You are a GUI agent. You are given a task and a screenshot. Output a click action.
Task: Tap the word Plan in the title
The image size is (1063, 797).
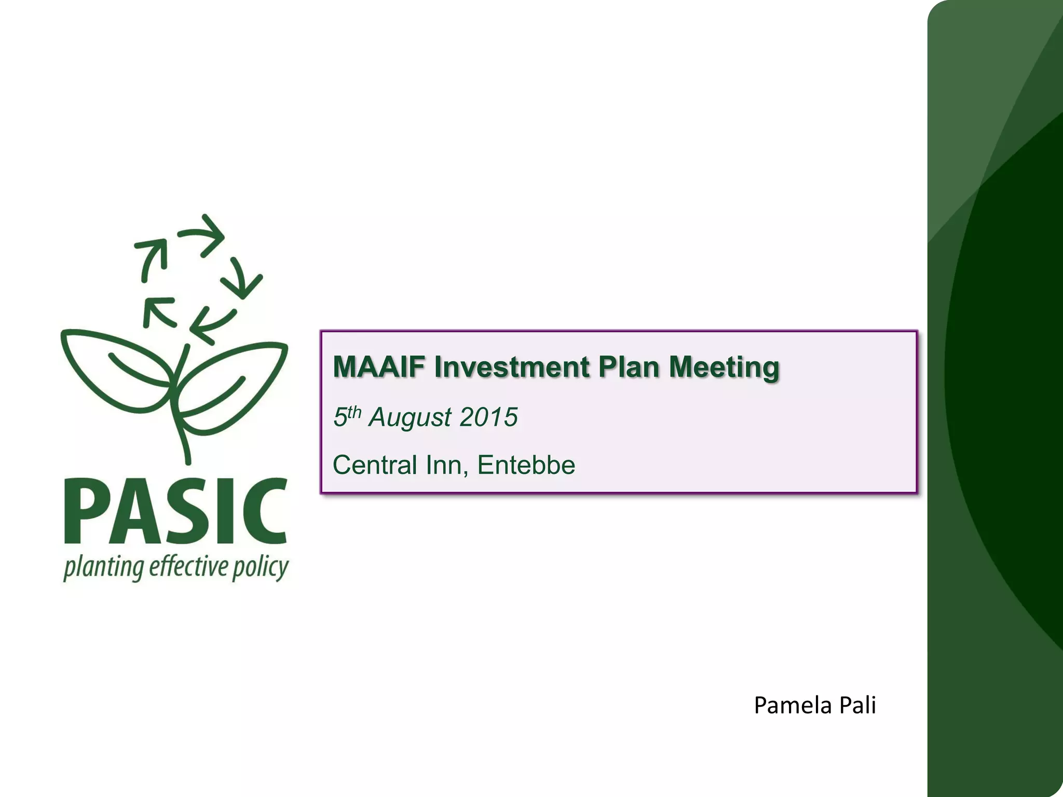[x=628, y=367]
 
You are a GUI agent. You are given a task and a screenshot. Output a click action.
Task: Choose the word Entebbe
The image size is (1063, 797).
[x=526, y=465]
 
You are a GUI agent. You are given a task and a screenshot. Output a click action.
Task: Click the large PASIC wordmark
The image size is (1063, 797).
[x=175, y=512]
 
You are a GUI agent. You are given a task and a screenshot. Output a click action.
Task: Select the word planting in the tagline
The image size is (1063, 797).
[x=103, y=568]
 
